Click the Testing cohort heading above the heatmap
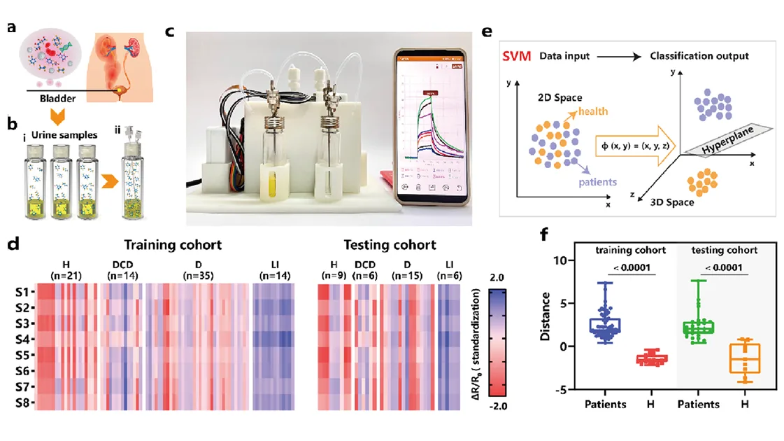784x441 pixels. point(390,246)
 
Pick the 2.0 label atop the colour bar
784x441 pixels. point(497,276)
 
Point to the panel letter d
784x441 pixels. point(12,244)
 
